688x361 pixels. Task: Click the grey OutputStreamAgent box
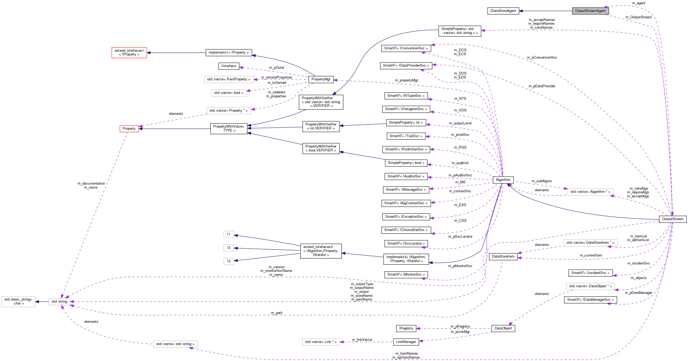590,11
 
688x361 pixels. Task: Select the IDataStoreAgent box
503,11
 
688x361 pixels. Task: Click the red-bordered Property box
129,129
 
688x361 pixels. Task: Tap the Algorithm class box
503,180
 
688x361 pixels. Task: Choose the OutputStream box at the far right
673,219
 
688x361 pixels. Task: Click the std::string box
59,302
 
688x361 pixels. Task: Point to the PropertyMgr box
321,79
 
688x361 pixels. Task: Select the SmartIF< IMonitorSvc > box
406,274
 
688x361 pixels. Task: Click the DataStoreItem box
503,256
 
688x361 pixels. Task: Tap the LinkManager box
406,342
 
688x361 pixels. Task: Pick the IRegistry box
406,328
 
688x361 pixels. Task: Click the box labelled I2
229,248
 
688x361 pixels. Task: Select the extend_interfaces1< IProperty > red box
129,53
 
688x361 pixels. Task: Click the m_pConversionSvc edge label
542,58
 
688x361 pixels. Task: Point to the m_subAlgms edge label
541,181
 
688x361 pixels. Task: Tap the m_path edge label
276,313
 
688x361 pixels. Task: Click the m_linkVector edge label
362,340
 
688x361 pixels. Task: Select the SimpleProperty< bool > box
406,163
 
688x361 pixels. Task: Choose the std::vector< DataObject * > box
590,286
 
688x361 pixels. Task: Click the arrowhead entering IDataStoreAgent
521,11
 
